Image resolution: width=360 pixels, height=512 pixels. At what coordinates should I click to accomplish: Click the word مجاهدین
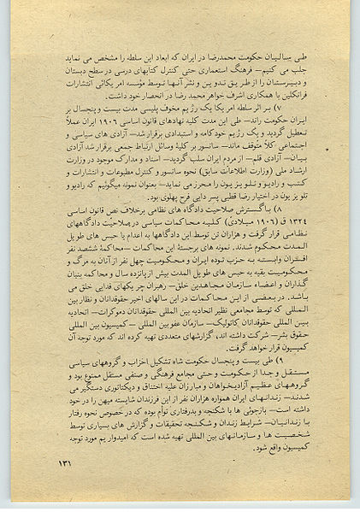(183, 285)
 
